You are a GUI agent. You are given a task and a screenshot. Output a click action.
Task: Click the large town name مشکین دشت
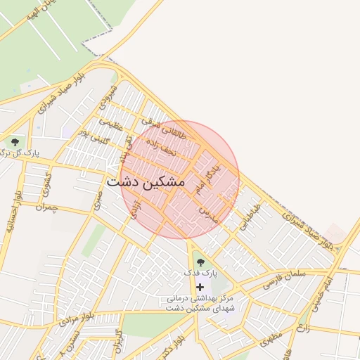point(146,181)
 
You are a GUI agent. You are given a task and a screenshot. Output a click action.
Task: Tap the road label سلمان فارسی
point(284,279)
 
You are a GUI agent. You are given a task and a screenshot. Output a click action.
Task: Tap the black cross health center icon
point(200,287)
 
